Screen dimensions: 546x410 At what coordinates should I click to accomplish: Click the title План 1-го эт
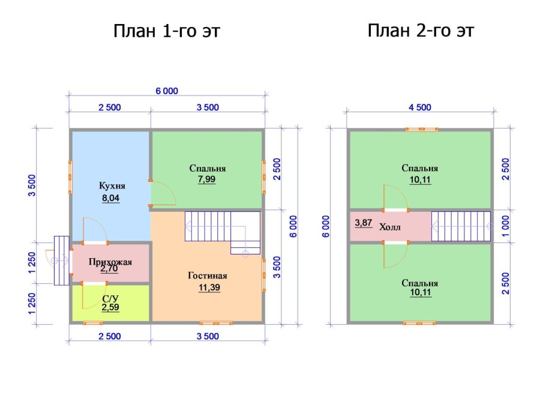(x=167, y=31)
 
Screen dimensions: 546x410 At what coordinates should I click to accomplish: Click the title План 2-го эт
(x=421, y=31)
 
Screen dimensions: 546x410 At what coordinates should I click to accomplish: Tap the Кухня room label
(x=112, y=185)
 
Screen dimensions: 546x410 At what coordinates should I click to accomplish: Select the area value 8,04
(x=111, y=198)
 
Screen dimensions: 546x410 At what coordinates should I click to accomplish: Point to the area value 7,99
(x=207, y=179)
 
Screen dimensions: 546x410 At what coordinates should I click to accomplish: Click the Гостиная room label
(x=208, y=276)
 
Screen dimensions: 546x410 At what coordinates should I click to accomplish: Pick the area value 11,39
(x=209, y=288)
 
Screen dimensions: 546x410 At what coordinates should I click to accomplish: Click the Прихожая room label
(x=110, y=262)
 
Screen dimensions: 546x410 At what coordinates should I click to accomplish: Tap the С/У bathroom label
(x=110, y=299)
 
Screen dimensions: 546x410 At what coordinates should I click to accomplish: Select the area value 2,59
(x=110, y=307)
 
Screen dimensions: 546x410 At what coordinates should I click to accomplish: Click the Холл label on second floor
(x=389, y=227)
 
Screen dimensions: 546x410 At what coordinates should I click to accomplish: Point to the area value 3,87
(x=364, y=223)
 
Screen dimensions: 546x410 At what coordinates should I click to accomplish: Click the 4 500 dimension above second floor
(x=420, y=107)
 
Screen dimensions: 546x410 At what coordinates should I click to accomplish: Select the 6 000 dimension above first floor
(x=167, y=91)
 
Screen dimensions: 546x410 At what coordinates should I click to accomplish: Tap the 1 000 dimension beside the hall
(x=506, y=226)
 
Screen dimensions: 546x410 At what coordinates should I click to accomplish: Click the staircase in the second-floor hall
(x=461, y=226)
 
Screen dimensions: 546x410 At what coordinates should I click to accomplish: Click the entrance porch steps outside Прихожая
(x=62, y=261)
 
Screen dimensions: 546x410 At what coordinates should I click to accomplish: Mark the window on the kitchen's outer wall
(x=70, y=177)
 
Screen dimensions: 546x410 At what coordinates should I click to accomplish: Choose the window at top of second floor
(x=422, y=130)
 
